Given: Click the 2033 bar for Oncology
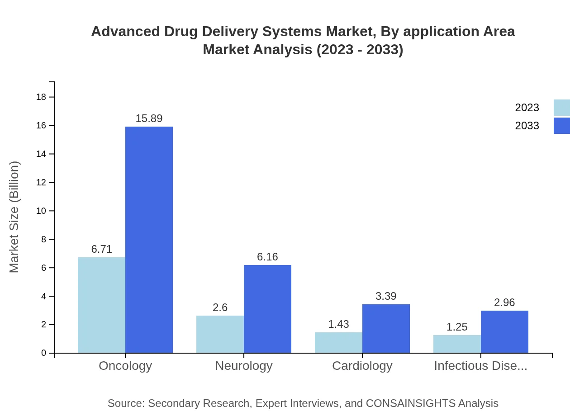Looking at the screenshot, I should point(149,240).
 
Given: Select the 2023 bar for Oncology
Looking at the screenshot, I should point(101,305).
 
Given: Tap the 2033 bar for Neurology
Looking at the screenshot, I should point(267,309).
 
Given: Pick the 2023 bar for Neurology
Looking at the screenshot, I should point(220,334).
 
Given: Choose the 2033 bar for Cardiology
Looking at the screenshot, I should point(386,329).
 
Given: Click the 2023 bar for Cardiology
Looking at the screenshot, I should point(338,343).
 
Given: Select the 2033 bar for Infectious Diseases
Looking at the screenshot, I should point(504,332).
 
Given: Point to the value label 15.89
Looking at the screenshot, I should point(149,118).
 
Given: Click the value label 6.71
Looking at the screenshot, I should point(101,249).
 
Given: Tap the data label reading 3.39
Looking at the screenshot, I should point(386,296).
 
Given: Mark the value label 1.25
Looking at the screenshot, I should point(457,327).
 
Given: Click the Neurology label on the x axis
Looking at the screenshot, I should point(244,365).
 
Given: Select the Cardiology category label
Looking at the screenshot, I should point(362,365).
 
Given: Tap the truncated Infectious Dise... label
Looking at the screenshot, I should point(480,365).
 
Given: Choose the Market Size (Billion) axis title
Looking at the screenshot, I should point(14,217).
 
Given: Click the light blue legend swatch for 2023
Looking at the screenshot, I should point(562,108).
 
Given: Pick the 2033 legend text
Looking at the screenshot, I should point(527,126).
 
